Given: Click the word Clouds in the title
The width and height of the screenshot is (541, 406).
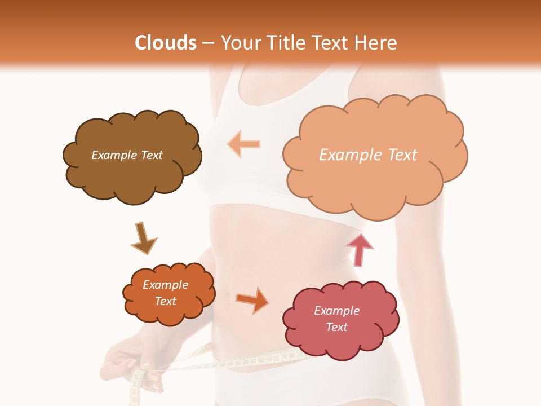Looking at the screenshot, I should pyautogui.click(x=166, y=43).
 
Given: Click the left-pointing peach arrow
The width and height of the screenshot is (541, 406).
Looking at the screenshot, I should pyautogui.click(x=243, y=144).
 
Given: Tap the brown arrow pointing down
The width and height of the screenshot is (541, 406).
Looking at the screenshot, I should pyautogui.click(x=143, y=239).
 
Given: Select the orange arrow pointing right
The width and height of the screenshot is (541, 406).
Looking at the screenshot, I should pyautogui.click(x=253, y=299).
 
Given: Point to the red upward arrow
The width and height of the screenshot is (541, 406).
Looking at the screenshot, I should pyautogui.click(x=360, y=250).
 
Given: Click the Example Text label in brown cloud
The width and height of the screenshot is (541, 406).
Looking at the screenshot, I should pyautogui.click(x=127, y=155).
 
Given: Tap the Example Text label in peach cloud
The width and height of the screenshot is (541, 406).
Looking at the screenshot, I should pyautogui.click(x=368, y=155).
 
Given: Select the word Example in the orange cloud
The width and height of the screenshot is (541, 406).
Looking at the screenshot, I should pyautogui.click(x=165, y=285).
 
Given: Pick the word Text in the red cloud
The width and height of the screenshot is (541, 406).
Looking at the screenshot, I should pyautogui.click(x=336, y=327).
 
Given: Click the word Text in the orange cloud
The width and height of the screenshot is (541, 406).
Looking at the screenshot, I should pyautogui.click(x=165, y=301).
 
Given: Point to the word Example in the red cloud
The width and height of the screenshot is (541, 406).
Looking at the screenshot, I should pyautogui.click(x=336, y=311).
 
